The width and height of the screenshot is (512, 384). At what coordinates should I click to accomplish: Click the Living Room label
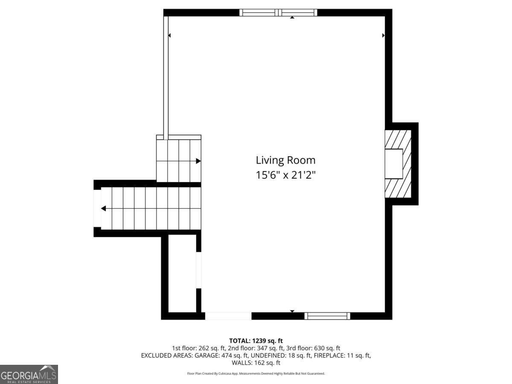285,160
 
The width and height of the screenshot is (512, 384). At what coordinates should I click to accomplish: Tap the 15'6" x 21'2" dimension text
285,175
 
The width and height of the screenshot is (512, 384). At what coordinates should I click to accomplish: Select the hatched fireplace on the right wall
398,164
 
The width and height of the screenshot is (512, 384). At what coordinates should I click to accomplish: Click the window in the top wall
278,13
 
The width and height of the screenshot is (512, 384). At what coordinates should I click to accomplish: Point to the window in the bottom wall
327,316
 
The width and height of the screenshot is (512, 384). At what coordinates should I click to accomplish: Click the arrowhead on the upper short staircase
198,161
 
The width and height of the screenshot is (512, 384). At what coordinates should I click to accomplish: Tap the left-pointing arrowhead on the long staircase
103,209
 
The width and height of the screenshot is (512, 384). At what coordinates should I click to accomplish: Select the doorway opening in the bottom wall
228,316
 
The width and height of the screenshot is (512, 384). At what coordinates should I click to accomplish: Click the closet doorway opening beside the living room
198,270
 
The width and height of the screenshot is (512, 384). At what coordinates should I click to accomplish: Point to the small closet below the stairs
182,273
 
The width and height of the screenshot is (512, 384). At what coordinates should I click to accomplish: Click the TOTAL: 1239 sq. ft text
256,341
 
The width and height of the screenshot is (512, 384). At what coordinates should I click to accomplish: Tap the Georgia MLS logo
29,374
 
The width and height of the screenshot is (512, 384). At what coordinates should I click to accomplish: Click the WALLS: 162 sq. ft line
256,363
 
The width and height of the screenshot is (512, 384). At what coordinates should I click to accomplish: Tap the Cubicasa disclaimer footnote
256,373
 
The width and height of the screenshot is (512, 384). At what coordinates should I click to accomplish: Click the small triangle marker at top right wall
383,35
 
